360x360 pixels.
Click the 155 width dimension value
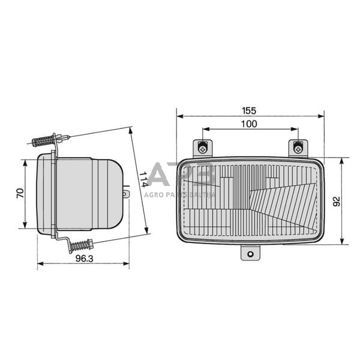pyautogui.click(x=249, y=110)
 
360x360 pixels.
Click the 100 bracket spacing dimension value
pyautogui.click(x=249, y=124)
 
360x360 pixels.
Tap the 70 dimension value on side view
pyautogui.click(x=20, y=194)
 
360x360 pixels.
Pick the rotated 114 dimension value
pyautogui.click(x=142, y=179)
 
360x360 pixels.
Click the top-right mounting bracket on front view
pyautogui.click(x=298, y=148)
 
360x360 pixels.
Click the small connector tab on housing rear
pyautogui.click(x=126, y=194)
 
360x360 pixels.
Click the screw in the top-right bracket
pyautogui.click(x=298, y=146)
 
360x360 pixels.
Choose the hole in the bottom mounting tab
pyautogui.click(x=250, y=254)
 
